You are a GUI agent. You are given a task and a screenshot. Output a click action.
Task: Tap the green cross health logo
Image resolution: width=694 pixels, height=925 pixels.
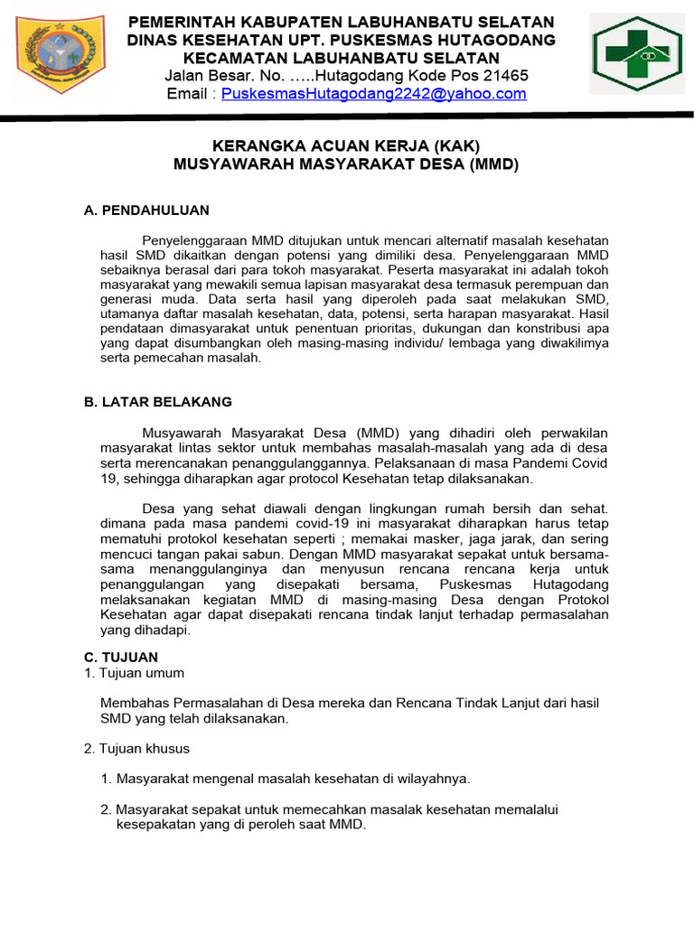637,56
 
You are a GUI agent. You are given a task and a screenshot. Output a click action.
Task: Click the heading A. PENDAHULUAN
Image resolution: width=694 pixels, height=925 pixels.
146,210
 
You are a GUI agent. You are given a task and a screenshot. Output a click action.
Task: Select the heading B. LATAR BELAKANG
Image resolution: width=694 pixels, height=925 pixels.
157,402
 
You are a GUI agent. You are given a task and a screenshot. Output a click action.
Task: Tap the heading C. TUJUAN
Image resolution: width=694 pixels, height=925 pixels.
120,657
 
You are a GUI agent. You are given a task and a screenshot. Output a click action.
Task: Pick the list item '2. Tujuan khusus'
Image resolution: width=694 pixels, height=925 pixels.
136,749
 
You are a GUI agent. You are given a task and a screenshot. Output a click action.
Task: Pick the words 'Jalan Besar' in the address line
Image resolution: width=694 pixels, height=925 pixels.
208,76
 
